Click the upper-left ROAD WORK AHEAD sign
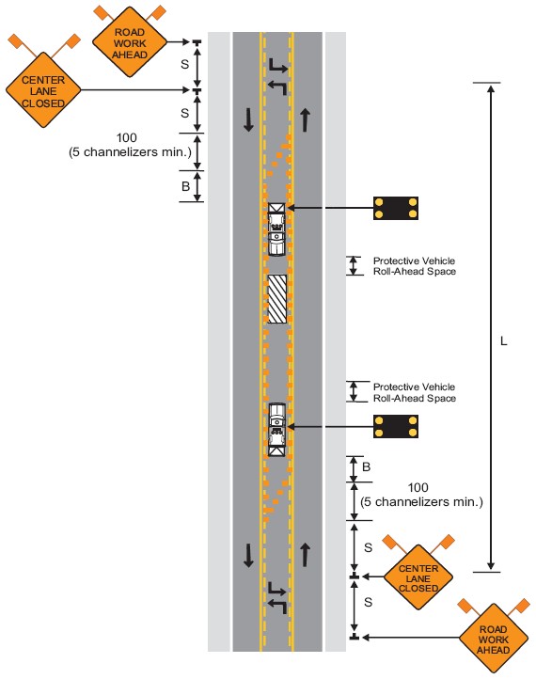pos(130,42)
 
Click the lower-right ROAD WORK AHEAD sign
pos(493,639)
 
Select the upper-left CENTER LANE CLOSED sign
pos(43,90)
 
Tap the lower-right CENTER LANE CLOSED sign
pos(418,577)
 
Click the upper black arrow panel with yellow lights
pos(396,208)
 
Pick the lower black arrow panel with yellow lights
pos(396,427)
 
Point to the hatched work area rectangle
pos(277,299)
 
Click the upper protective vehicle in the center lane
pos(276,229)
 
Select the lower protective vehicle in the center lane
pos(277,430)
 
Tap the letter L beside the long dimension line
pos(503,341)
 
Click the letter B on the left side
pos(186,186)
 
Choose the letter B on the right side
pos(367,466)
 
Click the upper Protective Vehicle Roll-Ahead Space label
pos(415,266)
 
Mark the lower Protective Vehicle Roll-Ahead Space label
pos(415,392)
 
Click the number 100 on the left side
pos(126,137)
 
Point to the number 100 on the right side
pos(418,487)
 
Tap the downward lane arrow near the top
pos(248,120)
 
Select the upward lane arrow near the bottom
pos(306,555)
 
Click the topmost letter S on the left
pos(185,64)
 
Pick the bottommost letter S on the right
pos(368,602)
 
